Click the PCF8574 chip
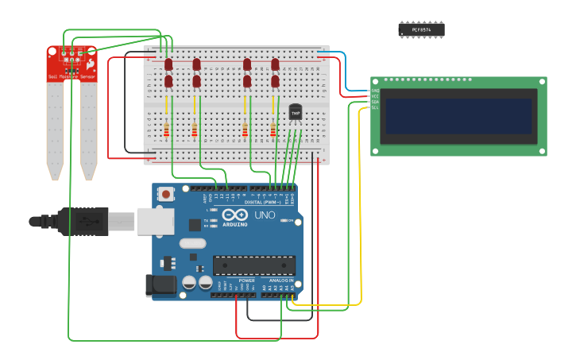click(x=421, y=29)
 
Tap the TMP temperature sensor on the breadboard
click(x=296, y=113)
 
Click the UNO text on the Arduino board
click(x=265, y=215)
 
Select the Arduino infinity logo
click(x=235, y=215)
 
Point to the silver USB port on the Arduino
click(x=154, y=221)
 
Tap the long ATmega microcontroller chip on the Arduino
click(x=253, y=265)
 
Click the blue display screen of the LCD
click(x=458, y=116)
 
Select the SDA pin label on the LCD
click(x=375, y=102)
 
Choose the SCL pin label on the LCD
click(x=375, y=107)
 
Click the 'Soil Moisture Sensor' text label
click(x=72, y=76)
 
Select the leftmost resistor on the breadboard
click(x=166, y=130)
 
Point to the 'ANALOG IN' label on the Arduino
click(x=280, y=281)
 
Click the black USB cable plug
click(x=83, y=221)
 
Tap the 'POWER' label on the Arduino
click(x=246, y=281)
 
